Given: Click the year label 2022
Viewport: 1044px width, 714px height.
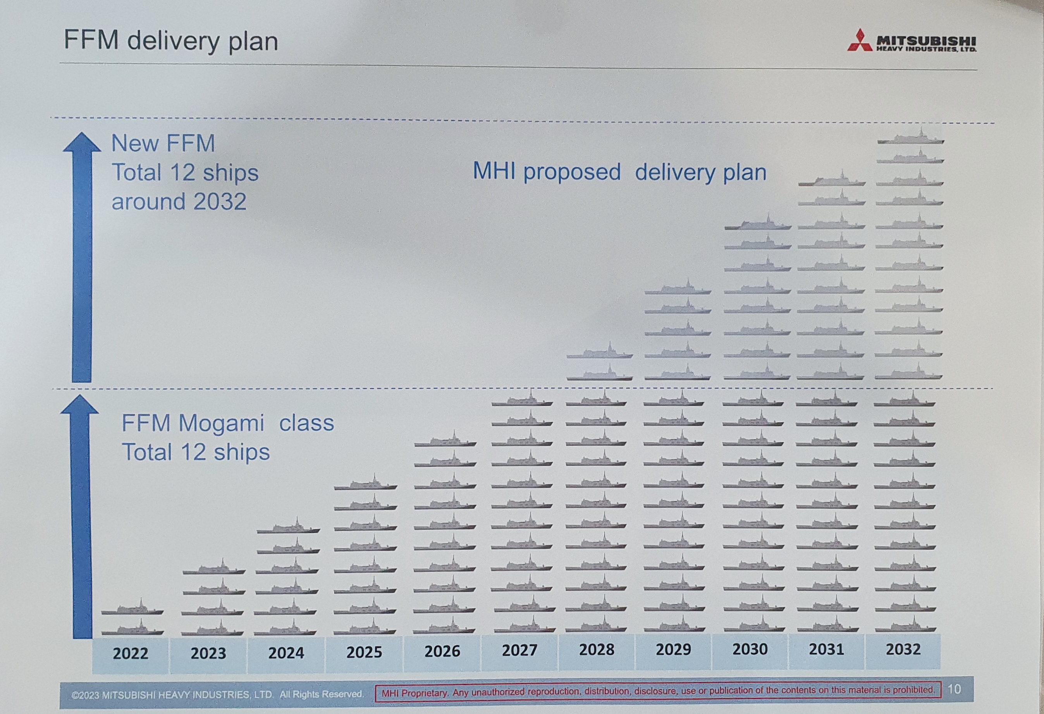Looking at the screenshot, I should [130, 653].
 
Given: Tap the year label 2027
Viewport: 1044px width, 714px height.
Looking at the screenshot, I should [519, 650].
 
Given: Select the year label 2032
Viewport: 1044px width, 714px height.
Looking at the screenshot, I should [903, 649].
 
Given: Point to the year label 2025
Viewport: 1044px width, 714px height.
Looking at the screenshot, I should [364, 652].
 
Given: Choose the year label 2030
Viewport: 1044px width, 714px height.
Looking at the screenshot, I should [750, 649].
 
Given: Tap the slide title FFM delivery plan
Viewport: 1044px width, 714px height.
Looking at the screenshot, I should [171, 40].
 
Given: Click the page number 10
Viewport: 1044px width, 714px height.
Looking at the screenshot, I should [954, 689].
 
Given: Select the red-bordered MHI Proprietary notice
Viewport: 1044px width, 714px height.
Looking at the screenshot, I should [658, 691].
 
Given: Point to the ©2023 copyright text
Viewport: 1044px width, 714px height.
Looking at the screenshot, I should [217, 694].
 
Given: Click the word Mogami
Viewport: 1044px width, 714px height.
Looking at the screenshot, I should [221, 423].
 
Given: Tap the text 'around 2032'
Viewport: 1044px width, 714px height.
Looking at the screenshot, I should [179, 202].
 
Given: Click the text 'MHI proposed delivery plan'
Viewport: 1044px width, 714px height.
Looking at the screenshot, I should [619, 172].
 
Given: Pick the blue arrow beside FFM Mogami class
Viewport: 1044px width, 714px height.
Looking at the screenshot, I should [81, 517].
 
